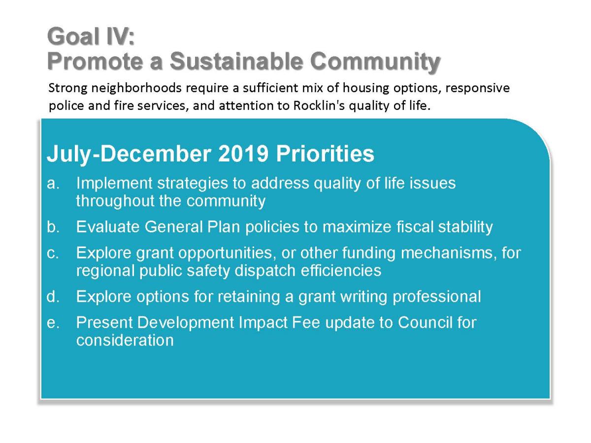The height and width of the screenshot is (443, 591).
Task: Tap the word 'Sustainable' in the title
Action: [236, 61]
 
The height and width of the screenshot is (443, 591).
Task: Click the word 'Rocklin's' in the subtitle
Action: [319, 105]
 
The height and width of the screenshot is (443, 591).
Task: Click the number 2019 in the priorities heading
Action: [243, 154]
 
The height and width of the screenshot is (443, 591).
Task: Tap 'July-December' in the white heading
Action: [129, 154]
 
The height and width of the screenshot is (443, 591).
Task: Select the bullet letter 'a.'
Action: [53, 184]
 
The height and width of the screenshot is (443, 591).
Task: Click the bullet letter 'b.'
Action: [53, 226]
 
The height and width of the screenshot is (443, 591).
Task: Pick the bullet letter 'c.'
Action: [53, 253]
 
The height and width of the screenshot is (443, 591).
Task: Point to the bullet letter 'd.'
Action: [53, 296]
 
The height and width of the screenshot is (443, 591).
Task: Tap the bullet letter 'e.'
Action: [53, 323]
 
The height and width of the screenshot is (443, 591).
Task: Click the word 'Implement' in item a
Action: [114, 184]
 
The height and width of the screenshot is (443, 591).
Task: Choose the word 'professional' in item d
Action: [437, 297]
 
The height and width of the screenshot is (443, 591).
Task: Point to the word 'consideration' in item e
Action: [125, 340]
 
